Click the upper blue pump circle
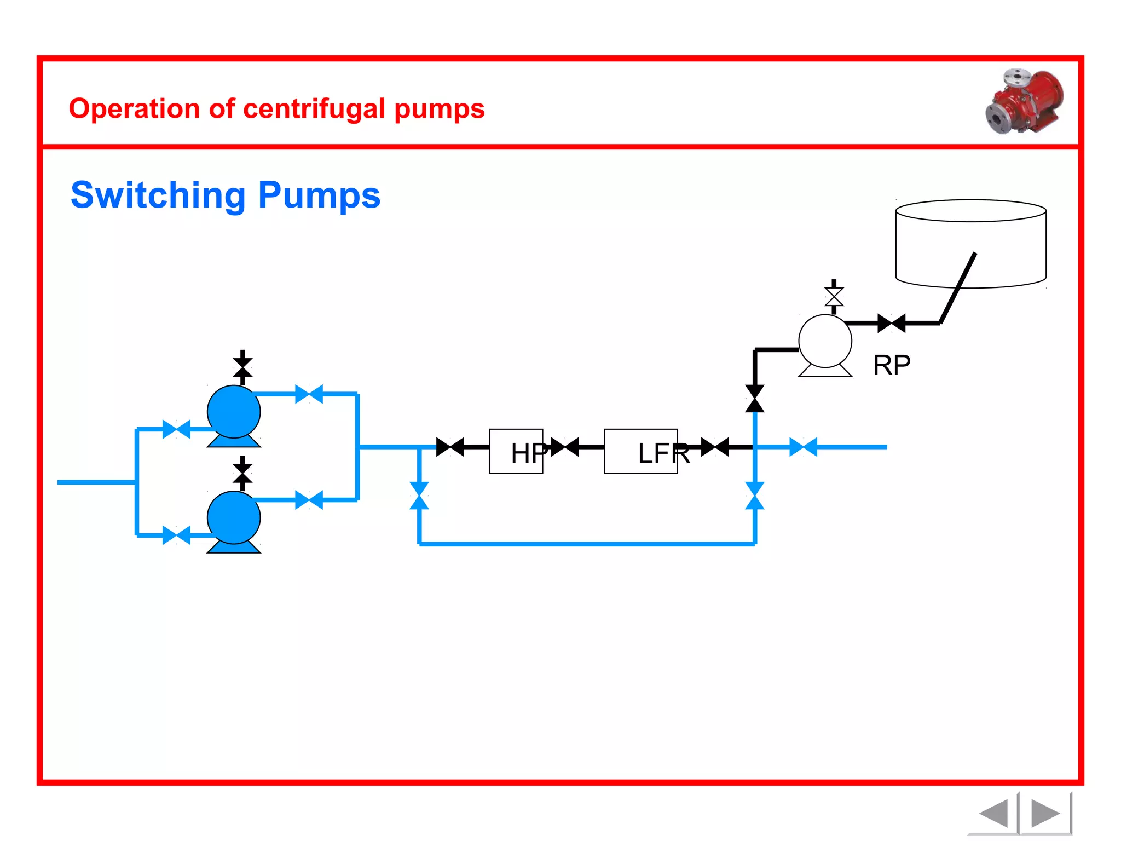tap(234, 412)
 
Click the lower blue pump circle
tap(234, 517)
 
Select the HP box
tap(516, 451)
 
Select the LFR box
tap(640, 451)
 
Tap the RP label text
tap(892, 365)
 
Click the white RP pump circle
tap(825, 341)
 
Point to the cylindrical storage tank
tap(970, 243)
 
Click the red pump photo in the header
tap(1025, 101)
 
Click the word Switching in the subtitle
tap(158, 195)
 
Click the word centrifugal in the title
tap(315, 108)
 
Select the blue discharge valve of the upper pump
tap(309, 394)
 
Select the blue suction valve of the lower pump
tap(176, 535)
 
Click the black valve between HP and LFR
tap(564, 447)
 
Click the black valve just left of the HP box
tap(450, 447)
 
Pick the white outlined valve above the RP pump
tap(834, 297)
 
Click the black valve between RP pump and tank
tap(891, 323)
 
